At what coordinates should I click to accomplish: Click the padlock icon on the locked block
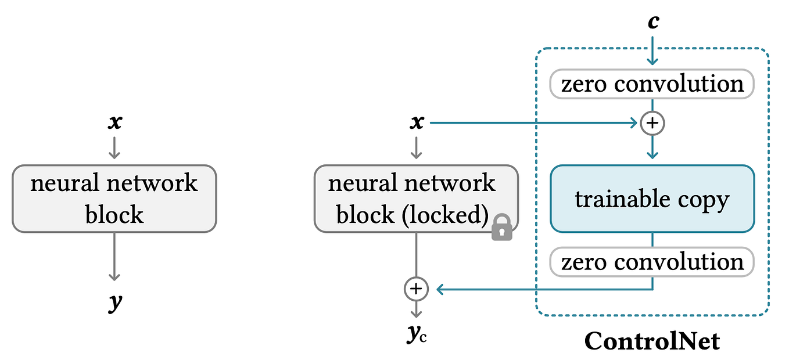[x=501, y=228]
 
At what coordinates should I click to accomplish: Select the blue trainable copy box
[x=652, y=199]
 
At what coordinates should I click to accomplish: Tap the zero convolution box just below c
[x=652, y=84]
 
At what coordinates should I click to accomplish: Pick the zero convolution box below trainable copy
[x=652, y=262]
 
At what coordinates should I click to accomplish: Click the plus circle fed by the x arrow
[x=652, y=123]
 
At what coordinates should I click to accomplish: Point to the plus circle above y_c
[x=416, y=289]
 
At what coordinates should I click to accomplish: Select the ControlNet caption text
[x=652, y=341]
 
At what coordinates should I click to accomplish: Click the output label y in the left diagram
[x=115, y=302]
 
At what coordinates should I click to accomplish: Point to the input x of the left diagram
[x=115, y=122]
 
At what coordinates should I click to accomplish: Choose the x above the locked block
[x=417, y=122]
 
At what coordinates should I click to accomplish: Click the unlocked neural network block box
[x=114, y=199]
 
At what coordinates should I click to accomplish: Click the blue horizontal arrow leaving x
[x=533, y=123]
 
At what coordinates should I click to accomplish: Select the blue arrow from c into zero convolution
[x=652, y=51]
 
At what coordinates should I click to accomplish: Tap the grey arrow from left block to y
[x=114, y=257]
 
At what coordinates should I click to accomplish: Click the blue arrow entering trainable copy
[x=652, y=147]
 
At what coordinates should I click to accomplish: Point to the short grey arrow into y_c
[x=416, y=309]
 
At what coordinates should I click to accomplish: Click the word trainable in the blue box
[x=623, y=199]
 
